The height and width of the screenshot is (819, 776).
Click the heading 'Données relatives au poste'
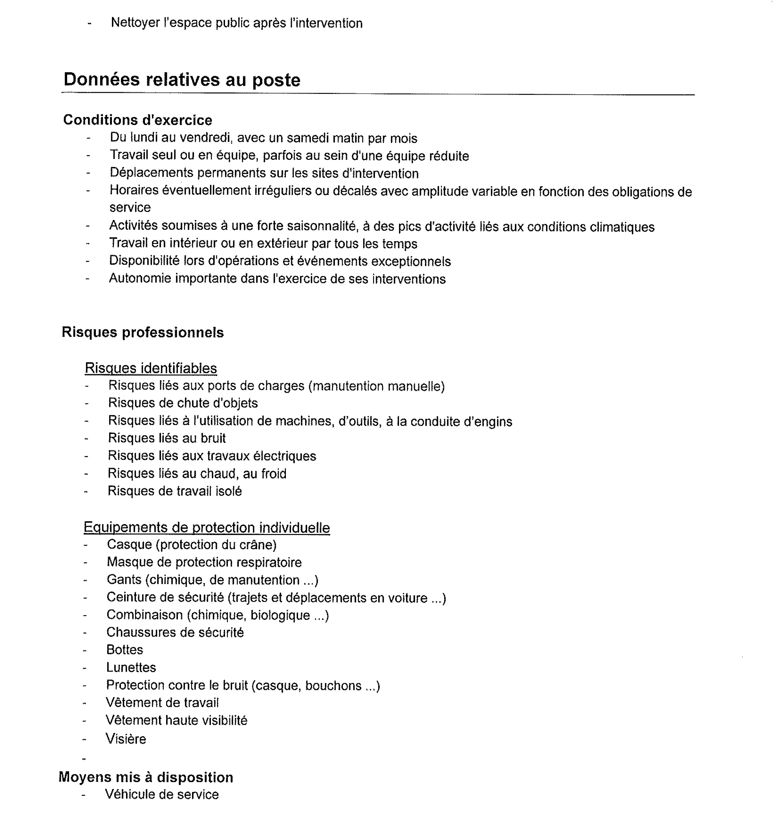click(x=182, y=80)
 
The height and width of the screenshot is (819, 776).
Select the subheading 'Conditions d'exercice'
click(x=137, y=120)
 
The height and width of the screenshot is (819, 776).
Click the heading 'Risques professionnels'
click(x=143, y=333)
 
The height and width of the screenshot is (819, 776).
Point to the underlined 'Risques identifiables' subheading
click(x=150, y=368)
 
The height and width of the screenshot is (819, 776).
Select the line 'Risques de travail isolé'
click(x=174, y=491)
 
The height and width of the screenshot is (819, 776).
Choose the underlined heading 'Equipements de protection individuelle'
click(x=207, y=528)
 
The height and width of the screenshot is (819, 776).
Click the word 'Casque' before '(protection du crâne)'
click(x=129, y=545)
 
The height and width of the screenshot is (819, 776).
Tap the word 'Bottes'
click(x=124, y=650)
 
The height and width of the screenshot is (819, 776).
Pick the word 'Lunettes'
click(x=131, y=668)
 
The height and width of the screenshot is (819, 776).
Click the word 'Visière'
click(x=126, y=739)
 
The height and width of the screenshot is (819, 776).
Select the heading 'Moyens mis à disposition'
click(x=146, y=777)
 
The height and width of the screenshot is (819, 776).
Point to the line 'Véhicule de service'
click(x=161, y=795)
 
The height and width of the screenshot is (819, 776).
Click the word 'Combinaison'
click(x=145, y=615)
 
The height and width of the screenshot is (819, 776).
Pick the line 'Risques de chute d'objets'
click(x=183, y=403)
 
